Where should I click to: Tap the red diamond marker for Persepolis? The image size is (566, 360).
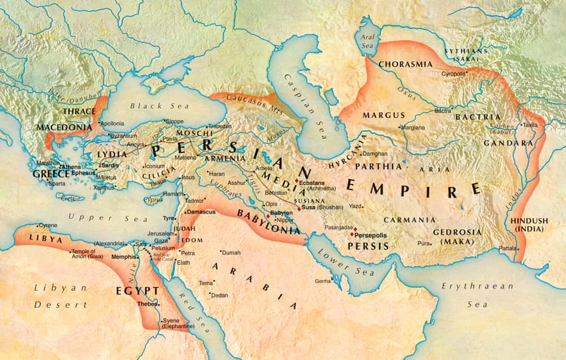click(351, 234)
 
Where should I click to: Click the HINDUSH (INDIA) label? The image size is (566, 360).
click(529, 225)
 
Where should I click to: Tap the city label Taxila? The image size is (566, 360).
click(530, 125)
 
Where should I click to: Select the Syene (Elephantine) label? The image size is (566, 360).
click(178, 323)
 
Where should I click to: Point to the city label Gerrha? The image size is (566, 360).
click(323, 281)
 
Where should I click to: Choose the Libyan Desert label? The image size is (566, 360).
click(61, 296)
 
